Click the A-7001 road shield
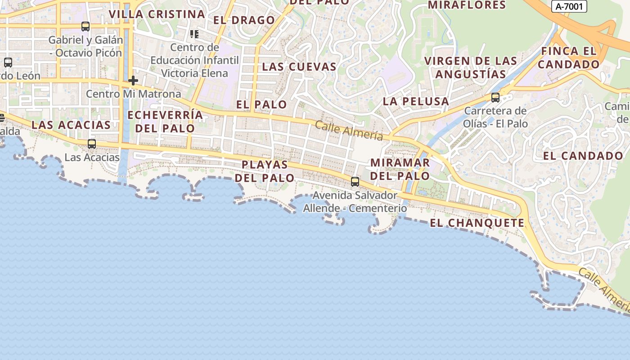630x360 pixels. [569, 6]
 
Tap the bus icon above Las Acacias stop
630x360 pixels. [92, 144]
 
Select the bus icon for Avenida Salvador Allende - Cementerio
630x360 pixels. [355, 182]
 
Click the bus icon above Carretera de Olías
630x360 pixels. [495, 98]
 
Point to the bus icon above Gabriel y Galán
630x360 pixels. [85, 27]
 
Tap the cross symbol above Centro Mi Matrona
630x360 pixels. [133, 81]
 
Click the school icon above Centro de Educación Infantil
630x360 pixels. [194, 34]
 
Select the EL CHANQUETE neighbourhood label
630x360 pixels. [477, 223]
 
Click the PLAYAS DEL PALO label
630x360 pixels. [265, 171]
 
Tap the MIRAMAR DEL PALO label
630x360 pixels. [400, 169]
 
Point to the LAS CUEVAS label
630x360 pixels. [299, 67]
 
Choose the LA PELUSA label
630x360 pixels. [416, 102]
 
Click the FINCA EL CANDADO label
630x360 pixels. [569, 58]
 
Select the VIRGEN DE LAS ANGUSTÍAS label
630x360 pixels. [471, 67]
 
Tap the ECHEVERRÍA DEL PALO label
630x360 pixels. [165, 121]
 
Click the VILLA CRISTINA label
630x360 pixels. [157, 14]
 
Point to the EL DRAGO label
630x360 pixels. [244, 20]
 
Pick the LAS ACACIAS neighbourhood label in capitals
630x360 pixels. [71, 125]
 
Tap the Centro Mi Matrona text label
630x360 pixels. [133, 94]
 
